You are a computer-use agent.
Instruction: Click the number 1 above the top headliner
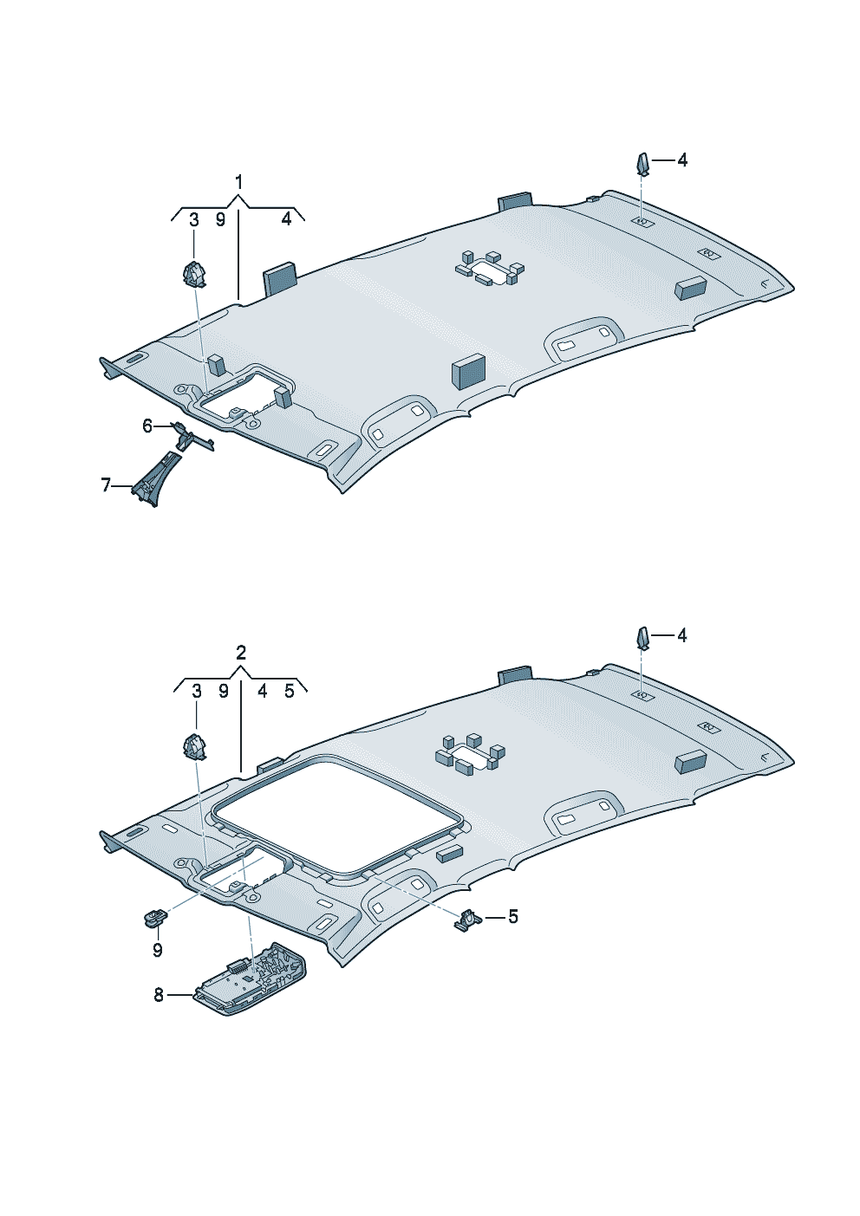tap(238, 182)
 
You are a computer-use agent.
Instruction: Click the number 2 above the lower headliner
tap(241, 653)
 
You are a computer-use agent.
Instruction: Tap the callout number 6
tap(147, 426)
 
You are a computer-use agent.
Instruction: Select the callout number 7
tap(106, 484)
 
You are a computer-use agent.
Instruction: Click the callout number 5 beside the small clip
tap(512, 917)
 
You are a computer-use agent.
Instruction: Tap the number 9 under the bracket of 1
tap(220, 220)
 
